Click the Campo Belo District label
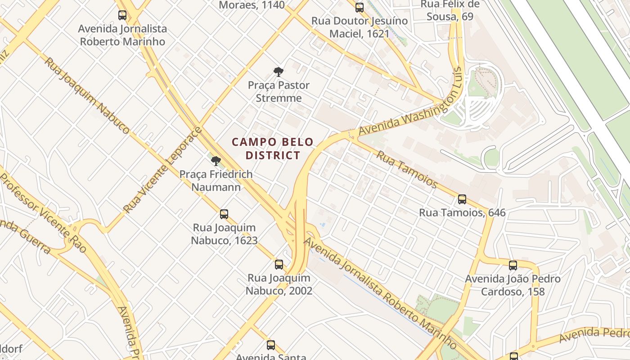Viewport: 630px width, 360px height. click(x=272, y=148)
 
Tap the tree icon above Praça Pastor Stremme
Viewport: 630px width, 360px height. click(x=279, y=72)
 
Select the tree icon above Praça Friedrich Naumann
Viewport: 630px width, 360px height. click(x=216, y=161)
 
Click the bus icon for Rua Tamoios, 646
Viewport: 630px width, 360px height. click(x=462, y=199)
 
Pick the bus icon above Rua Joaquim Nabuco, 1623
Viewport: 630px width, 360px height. click(x=224, y=214)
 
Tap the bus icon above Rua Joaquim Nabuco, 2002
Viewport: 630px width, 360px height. click(x=279, y=264)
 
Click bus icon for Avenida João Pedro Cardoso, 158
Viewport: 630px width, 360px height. click(x=513, y=265)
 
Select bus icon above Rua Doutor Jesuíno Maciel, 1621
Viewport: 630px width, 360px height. click(x=359, y=7)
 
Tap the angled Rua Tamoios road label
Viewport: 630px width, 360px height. click(x=406, y=170)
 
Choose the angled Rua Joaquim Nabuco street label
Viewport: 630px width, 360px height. click(x=87, y=95)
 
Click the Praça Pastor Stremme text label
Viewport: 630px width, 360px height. click(x=279, y=91)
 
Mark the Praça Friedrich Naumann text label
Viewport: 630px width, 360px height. click(x=216, y=180)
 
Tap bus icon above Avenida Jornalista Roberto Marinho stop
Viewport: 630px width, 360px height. click(x=122, y=15)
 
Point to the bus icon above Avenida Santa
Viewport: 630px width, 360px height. click(x=270, y=345)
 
